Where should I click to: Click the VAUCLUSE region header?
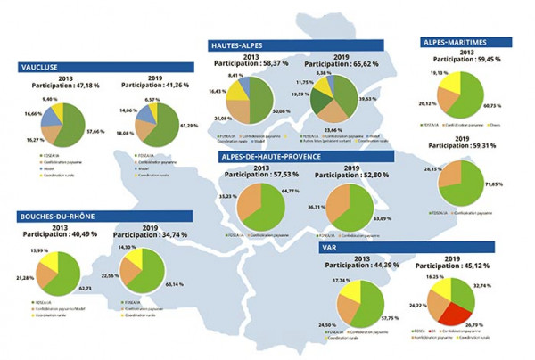56,66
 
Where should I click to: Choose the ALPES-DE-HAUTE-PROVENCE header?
295,157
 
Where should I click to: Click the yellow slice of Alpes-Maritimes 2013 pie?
456,85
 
